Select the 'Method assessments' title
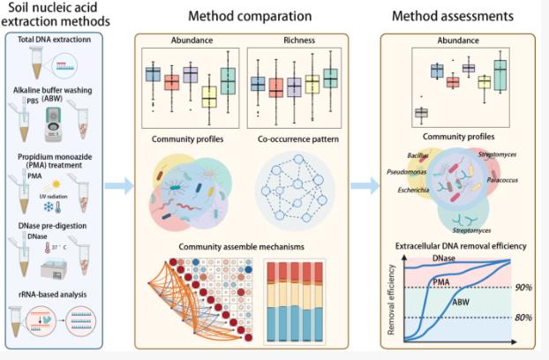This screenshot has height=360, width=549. coord(453,15)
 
